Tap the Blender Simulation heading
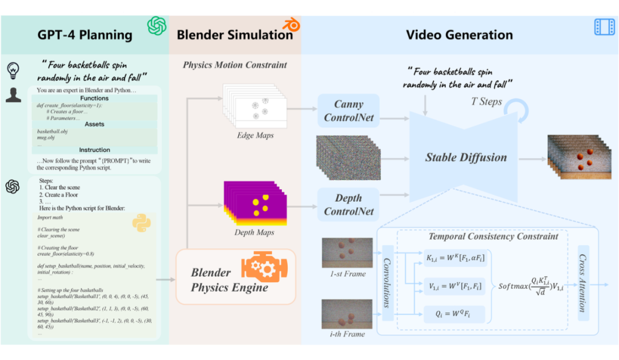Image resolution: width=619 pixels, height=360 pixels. click(x=234, y=35)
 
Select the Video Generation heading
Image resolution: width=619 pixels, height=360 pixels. click(x=459, y=35)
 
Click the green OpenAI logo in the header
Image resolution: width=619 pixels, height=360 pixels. click(x=156, y=26)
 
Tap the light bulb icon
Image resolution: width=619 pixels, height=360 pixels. click(x=13, y=70)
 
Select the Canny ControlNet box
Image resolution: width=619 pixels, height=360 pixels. click(x=348, y=111)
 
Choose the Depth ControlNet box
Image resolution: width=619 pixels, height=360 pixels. click(x=348, y=205)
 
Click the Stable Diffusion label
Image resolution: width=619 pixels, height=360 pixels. click(x=465, y=157)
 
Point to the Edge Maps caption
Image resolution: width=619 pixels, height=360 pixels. click(x=255, y=135)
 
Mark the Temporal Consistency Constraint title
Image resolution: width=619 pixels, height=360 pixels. click(x=493, y=236)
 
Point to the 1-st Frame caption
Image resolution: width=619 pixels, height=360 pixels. click(x=347, y=273)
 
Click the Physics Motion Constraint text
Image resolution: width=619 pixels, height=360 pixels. click(x=235, y=65)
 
